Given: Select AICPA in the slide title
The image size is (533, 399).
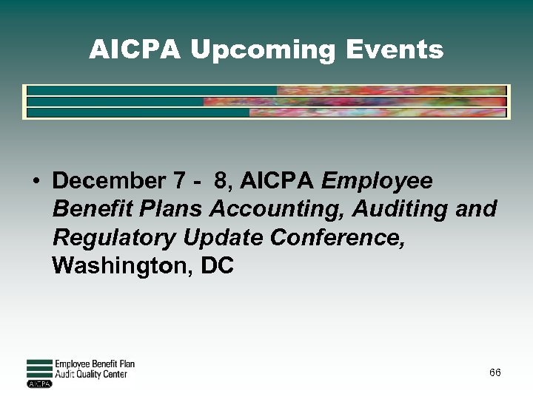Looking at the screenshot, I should (135, 50).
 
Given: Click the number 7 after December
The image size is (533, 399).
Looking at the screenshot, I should (178, 180).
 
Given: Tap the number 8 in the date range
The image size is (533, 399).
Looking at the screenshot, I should (219, 180).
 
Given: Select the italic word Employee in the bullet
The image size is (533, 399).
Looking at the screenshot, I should (378, 181).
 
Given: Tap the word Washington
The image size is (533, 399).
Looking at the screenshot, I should (118, 266).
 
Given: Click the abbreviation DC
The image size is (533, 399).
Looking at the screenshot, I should (217, 266).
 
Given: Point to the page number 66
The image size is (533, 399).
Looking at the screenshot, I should (495, 372).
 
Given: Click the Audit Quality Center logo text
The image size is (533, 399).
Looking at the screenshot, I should (91, 374).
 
